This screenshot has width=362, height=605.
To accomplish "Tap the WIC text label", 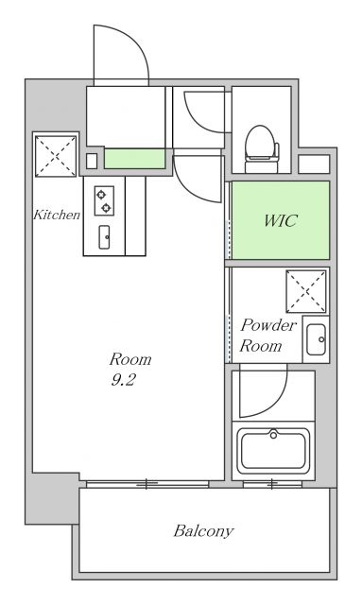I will pos(280,221).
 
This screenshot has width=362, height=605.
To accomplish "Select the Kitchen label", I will pos(57,215).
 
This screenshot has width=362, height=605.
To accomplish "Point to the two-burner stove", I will pos(103,199).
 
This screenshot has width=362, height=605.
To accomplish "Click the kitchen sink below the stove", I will pos(104,236).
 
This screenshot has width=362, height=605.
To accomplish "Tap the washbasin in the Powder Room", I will pos(315,338).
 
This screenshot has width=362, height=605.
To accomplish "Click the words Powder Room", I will pos(267,336).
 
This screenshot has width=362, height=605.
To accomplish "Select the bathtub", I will pos(274,450).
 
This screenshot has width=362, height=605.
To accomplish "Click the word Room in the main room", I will pos(130,359).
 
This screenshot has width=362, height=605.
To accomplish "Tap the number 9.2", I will pos(123,380).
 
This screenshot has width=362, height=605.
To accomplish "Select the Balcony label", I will pos(202,530).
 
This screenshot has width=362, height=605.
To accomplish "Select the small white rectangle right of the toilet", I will pos(313,164).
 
